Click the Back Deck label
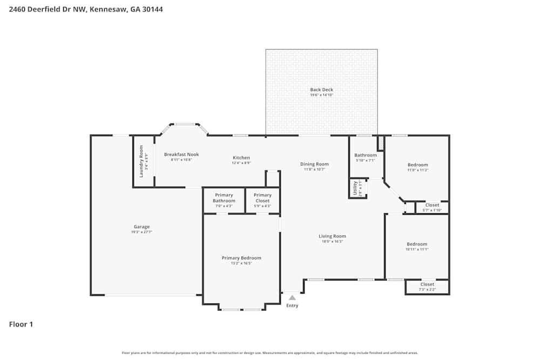point(321,90)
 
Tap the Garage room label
point(141,227)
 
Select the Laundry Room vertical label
point(141,161)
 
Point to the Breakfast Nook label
point(181,154)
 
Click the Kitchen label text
point(241,158)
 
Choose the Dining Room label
point(314,164)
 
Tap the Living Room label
point(332,236)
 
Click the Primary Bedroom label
point(241,258)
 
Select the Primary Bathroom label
point(224,198)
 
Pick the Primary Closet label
point(262,198)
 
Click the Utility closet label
point(355,188)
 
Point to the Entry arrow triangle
point(292,297)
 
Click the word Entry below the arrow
point(292,305)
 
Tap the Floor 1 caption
point(21,324)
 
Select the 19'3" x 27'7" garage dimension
point(141,232)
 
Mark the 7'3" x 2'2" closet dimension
point(427,290)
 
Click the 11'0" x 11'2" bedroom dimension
point(417,170)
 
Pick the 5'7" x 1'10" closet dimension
point(432,210)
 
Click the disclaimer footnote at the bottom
point(270,353)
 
